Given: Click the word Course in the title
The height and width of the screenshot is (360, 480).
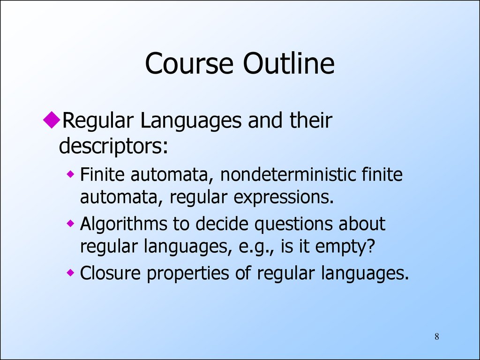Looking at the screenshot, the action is pyautogui.click(x=189, y=63).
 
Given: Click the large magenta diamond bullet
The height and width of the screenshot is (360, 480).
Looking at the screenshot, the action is pyautogui.click(x=52, y=120).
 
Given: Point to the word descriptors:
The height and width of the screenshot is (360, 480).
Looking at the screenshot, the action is pyautogui.click(x=113, y=146).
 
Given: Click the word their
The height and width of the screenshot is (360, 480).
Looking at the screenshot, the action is pyautogui.click(x=310, y=120).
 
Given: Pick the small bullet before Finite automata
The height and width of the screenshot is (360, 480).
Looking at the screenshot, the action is pyautogui.click(x=70, y=174).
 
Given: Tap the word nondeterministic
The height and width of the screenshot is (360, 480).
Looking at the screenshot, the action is pyautogui.click(x=288, y=174).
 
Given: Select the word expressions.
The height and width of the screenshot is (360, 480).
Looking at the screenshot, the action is pyautogui.click(x=284, y=198).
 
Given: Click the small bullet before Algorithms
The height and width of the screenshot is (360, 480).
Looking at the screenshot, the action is pyautogui.click(x=70, y=224).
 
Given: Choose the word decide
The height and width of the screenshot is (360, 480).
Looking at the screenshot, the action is pyautogui.click(x=222, y=224).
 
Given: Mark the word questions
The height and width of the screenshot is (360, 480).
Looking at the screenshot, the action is pyautogui.click(x=293, y=225).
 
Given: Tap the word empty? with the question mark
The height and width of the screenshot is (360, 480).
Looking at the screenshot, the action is pyautogui.click(x=345, y=247).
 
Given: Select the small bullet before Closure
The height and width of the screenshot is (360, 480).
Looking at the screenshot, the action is pyautogui.click(x=70, y=272).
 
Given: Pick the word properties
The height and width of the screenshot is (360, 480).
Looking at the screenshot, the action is pyautogui.click(x=187, y=273).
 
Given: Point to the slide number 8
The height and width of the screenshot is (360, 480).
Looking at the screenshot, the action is pyautogui.click(x=437, y=337).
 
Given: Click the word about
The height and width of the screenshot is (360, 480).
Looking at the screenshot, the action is pyautogui.click(x=361, y=224).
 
